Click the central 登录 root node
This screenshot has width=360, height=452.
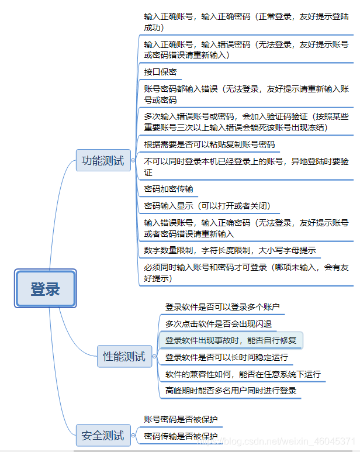pyautogui.click(x=45, y=288)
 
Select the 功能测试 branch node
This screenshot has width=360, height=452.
pyautogui.click(x=103, y=160)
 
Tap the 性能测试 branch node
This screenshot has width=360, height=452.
pyautogui.click(x=124, y=356)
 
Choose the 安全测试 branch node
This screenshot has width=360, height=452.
pyautogui.click(x=103, y=435)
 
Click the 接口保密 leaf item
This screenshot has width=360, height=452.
pyautogui.click(x=160, y=73)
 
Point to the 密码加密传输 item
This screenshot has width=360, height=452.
pyautogui.click(x=168, y=189)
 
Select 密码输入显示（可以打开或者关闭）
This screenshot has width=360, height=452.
pyautogui.click(x=207, y=206)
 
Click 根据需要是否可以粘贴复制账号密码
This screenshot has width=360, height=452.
pyautogui.click(x=209, y=144)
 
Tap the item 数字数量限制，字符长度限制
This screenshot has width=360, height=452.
pyautogui.click(x=230, y=250)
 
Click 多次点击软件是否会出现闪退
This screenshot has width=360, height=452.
pyautogui.click(x=218, y=323)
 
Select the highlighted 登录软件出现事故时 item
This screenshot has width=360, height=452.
pyautogui.click(x=230, y=340)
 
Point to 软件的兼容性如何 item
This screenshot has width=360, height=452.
pyautogui.click(x=243, y=374)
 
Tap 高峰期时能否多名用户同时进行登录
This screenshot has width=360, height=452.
pyautogui.click(x=230, y=391)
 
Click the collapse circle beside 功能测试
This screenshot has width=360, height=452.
pyautogui.click(x=133, y=160)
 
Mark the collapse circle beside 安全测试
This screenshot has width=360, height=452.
pyautogui.click(x=133, y=435)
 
